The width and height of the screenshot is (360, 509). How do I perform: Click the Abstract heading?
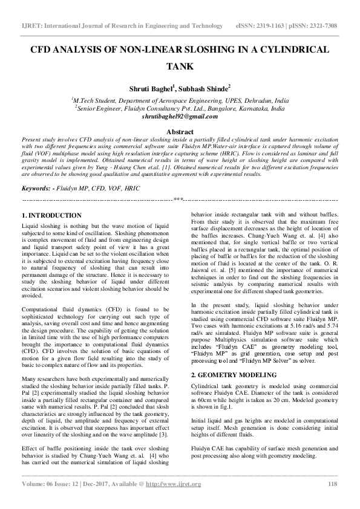point(180,131)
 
